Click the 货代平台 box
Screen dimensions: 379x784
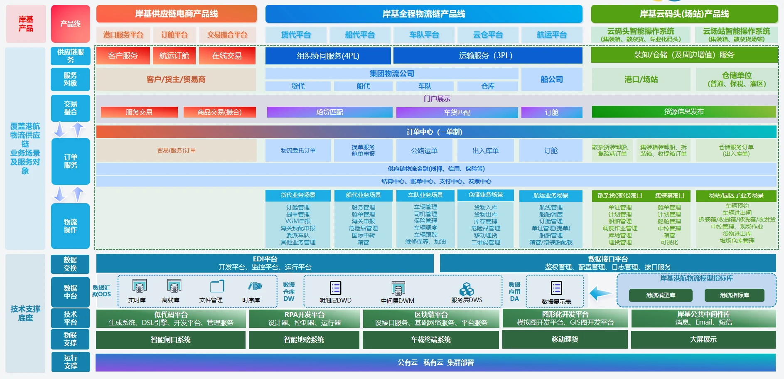(296, 35)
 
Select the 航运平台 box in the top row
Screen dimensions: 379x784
(551, 35)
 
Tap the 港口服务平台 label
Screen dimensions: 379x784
(123, 35)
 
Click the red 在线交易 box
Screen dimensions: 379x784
(227, 56)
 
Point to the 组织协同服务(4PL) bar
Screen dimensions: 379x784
(328, 56)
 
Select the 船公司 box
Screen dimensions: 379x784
(551, 79)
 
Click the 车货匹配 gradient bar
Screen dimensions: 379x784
(457, 113)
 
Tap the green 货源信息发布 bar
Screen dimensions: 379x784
(683, 112)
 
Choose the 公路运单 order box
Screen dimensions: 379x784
(424, 150)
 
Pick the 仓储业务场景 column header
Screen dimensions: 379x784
(485, 195)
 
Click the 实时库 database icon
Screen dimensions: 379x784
(139, 286)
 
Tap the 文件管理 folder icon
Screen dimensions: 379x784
(216, 286)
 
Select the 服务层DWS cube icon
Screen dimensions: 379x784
(466, 289)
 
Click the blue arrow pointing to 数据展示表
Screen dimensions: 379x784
(600, 293)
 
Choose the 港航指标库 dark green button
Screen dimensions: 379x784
(734, 295)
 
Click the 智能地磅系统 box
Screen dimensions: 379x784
(304, 340)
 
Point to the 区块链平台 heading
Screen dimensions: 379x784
(431, 315)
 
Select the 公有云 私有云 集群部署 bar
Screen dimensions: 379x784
(435, 362)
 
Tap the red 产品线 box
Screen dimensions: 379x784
(70, 24)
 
